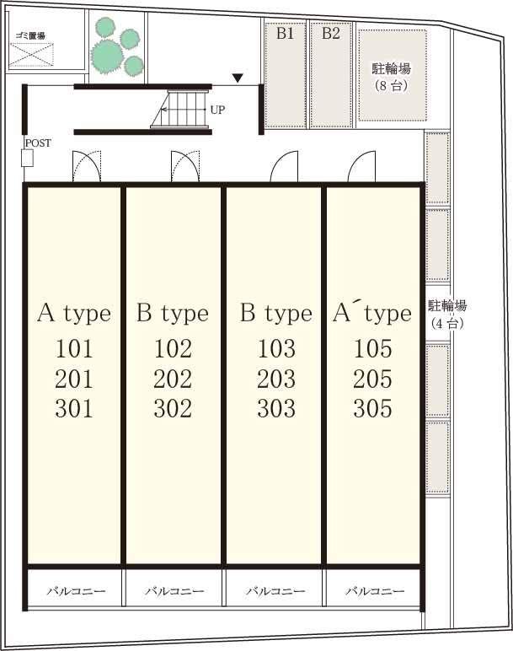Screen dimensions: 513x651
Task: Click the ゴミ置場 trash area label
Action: (x=30, y=35)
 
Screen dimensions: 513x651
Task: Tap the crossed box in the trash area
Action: (x=31, y=54)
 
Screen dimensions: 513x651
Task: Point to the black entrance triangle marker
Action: (x=238, y=78)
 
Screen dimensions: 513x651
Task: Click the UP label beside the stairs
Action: (x=217, y=110)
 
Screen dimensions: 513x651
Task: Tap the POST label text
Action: (x=38, y=143)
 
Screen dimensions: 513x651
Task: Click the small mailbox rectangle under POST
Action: (x=27, y=159)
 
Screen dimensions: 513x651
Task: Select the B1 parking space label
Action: (x=286, y=33)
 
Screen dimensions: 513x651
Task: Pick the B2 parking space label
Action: (x=331, y=33)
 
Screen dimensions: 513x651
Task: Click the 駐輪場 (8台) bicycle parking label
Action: (x=392, y=77)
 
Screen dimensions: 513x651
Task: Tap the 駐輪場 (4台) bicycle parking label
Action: (x=447, y=315)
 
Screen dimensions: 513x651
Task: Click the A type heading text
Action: (x=74, y=314)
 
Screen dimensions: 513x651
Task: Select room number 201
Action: (x=74, y=379)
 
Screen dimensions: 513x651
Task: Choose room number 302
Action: (x=173, y=408)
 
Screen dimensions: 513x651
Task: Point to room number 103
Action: (x=276, y=349)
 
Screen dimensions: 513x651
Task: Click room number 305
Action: (x=372, y=408)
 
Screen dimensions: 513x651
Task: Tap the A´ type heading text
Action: (x=372, y=313)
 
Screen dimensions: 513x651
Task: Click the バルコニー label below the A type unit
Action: (x=76, y=591)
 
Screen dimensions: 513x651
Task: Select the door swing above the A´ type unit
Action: (x=361, y=166)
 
